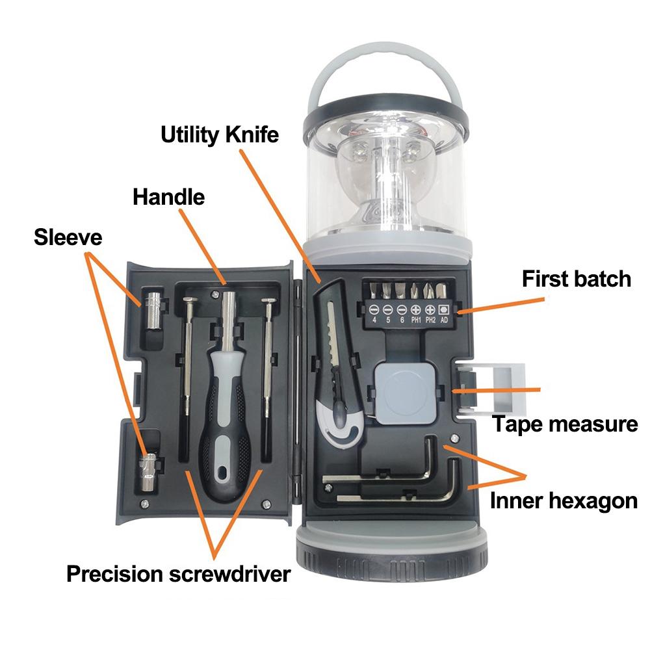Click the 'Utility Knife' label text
(220, 135)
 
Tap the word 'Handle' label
(168, 196)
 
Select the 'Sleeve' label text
(68, 237)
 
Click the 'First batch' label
(576, 279)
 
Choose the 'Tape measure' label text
(564, 424)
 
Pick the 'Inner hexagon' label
(564, 500)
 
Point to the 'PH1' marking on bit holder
(416, 320)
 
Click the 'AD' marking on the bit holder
(445, 320)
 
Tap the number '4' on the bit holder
(374, 320)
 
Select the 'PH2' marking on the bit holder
(430, 320)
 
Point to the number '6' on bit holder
(402, 320)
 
